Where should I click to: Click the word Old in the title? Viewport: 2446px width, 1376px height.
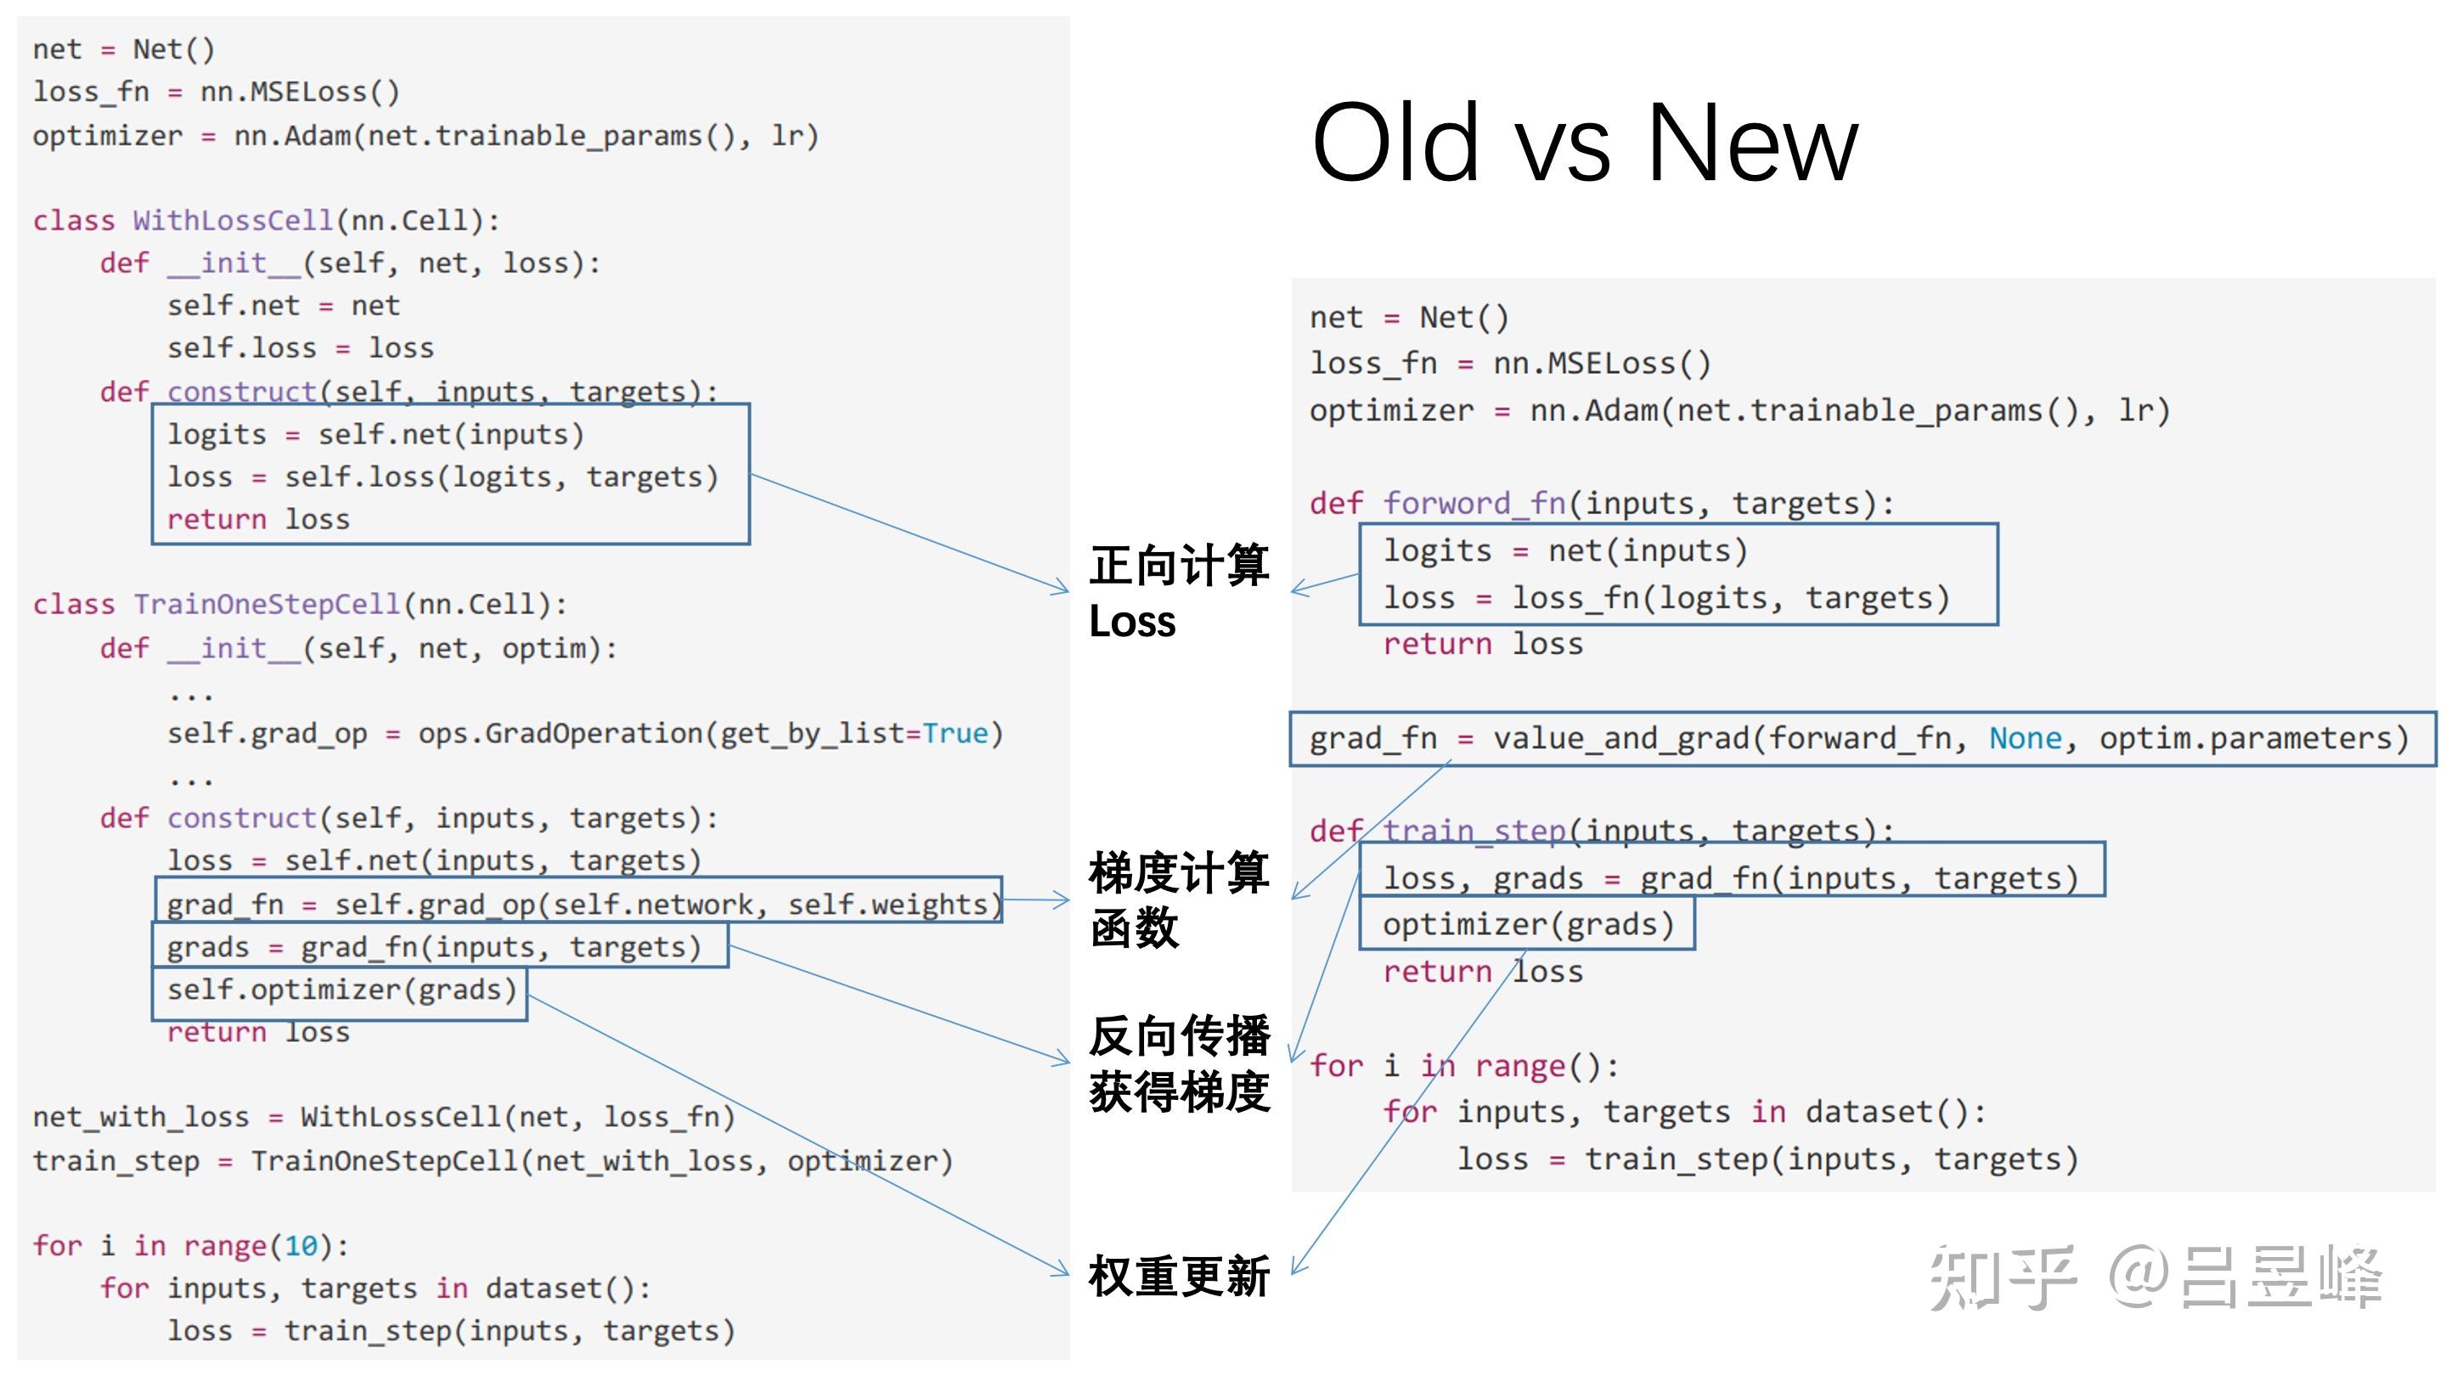point(1395,144)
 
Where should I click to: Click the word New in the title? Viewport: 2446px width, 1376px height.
point(1752,144)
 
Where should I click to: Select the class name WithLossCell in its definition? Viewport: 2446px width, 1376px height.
point(233,220)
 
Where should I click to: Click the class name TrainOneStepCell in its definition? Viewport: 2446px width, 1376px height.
point(267,605)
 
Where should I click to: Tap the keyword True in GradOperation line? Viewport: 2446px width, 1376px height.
point(955,733)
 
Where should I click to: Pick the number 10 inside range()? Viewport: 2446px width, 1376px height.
point(301,1245)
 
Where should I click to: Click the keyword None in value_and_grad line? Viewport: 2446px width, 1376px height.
point(2026,738)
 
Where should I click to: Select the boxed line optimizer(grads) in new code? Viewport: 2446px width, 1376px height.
point(1528,924)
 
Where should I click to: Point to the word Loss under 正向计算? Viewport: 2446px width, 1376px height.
point(1132,622)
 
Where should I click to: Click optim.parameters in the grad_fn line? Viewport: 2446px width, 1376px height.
point(2253,738)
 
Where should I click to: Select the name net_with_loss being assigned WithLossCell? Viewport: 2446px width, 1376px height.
point(140,1117)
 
